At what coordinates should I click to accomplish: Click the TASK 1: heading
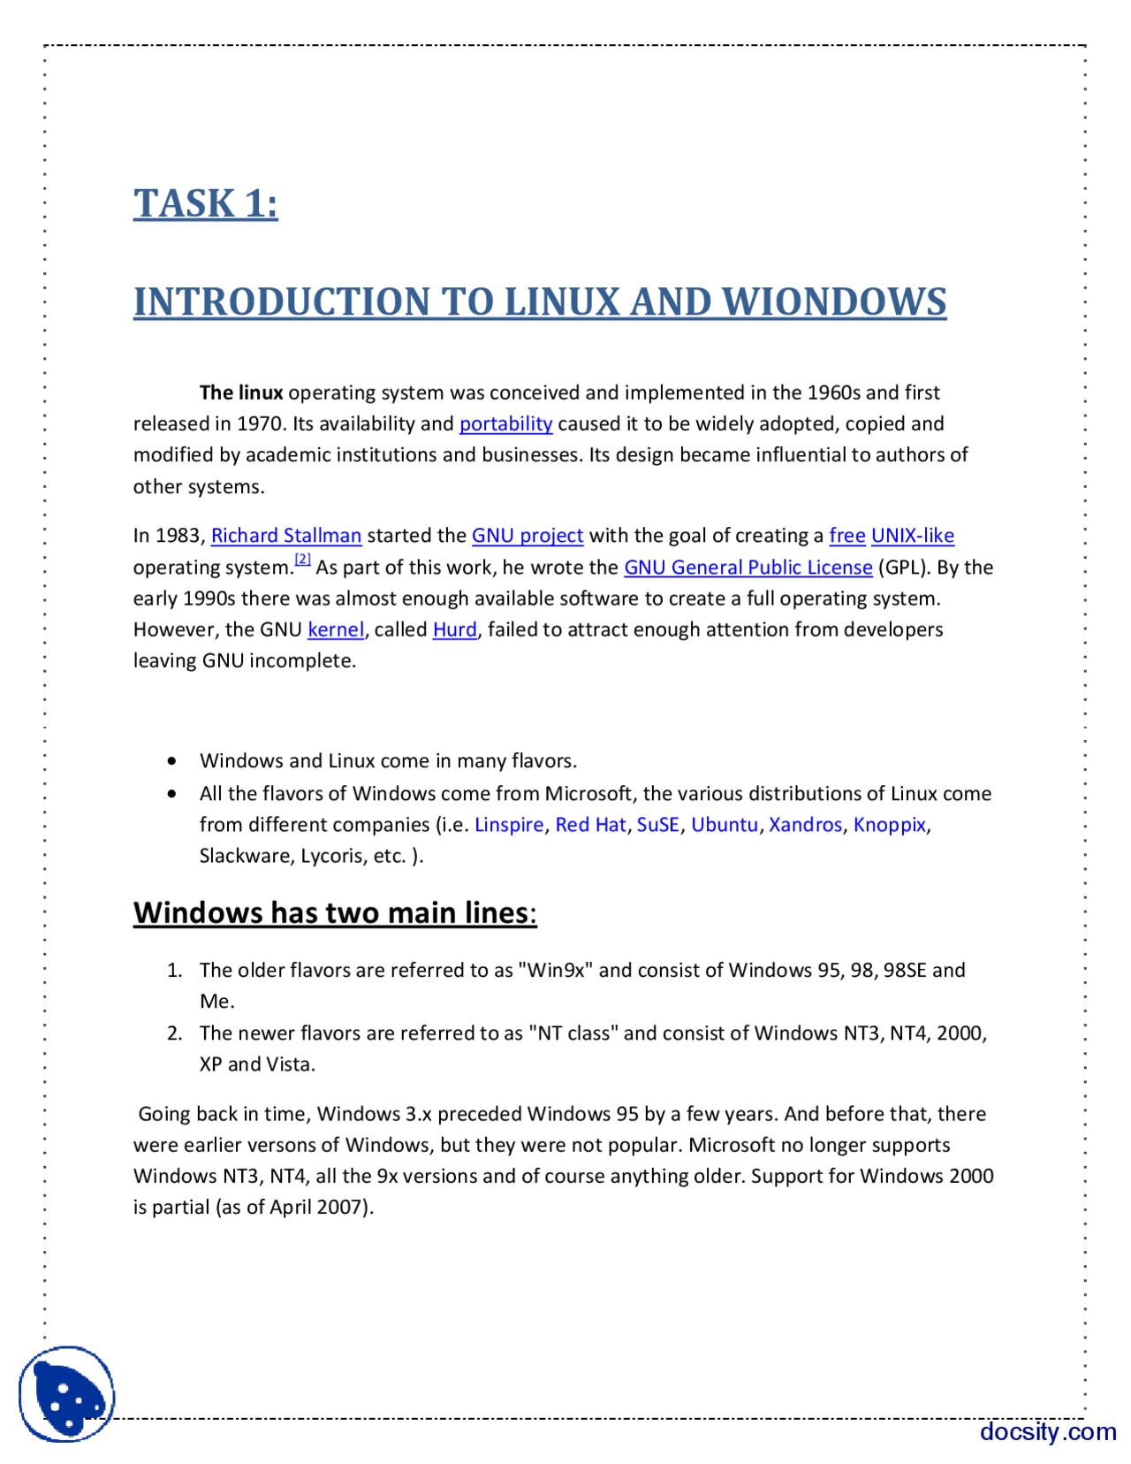(x=205, y=203)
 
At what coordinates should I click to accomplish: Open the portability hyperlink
(x=505, y=423)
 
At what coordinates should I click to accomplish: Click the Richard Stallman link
(x=285, y=536)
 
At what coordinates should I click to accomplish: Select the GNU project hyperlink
(x=527, y=536)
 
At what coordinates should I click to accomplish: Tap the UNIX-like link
(x=912, y=536)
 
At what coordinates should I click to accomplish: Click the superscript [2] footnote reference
(x=302, y=559)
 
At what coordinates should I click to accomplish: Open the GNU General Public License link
(x=748, y=568)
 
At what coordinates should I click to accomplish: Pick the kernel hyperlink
(x=335, y=629)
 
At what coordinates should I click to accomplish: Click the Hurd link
(x=454, y=629)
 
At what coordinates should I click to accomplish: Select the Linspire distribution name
(x=509, y=825)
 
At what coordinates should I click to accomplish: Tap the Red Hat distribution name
(x=590, y=825)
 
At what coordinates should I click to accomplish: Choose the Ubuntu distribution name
(x=724, y=825)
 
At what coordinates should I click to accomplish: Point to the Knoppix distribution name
(x=889, y=825)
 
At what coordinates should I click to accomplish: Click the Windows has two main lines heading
(x=334, y=912)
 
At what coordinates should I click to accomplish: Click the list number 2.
(x=174, y=1033)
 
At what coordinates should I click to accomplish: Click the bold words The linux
(x=241, y=393)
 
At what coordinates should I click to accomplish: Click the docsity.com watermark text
(x=1047, y=1431)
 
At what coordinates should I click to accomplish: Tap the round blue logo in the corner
(x=67, y=1394)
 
